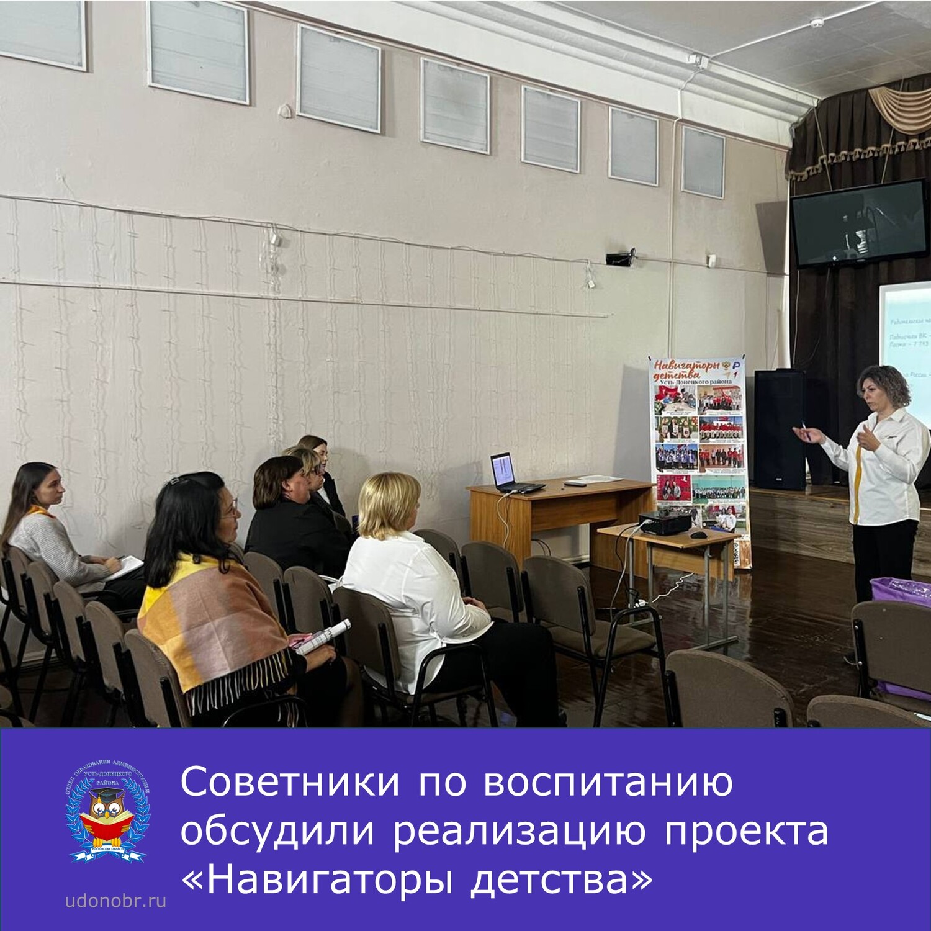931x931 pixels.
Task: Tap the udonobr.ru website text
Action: coord(116,901)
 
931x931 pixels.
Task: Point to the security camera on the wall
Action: coord(621,258)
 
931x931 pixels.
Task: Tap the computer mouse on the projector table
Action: coord(699,534)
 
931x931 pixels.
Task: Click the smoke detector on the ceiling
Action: coord(816,23)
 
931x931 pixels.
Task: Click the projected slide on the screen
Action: coord(906,354)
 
